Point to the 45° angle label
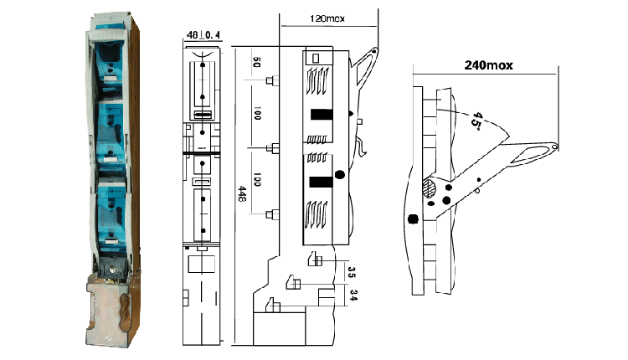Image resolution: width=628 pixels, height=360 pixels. (x=476, y=120)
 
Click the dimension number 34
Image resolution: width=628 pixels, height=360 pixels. (x=352, y=295)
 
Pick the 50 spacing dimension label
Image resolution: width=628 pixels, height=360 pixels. (x=257, y=63)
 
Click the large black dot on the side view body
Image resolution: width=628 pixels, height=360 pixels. (x=339, y=174)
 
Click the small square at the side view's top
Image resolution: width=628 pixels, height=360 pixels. (x=317, y=58)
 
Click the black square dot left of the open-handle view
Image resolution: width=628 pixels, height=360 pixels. (x=413, y=219)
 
